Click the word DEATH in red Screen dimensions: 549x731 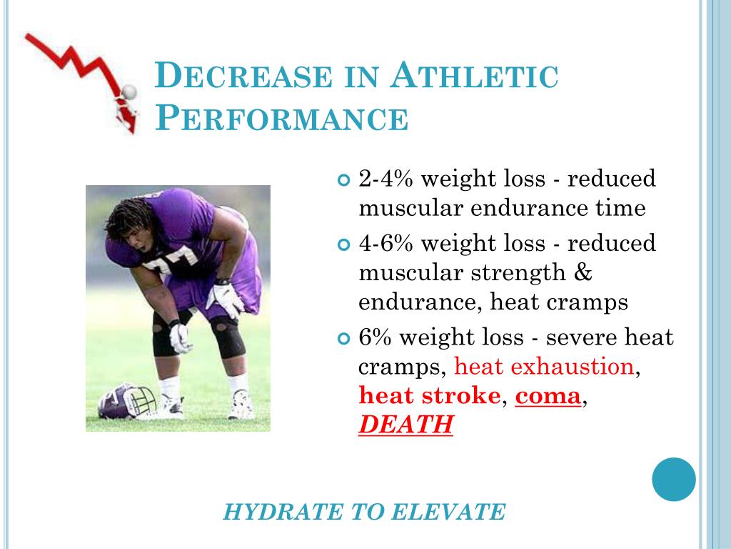tap(405, 425)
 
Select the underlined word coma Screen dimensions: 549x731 tap(548, 395)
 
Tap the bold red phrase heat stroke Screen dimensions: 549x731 tap(429, 395)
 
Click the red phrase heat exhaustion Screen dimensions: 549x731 tap(544, 367)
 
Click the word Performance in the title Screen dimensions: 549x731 tap(283, 118)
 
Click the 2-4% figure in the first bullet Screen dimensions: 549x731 tap(385, 179)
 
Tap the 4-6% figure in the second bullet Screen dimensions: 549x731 tap(385, 243)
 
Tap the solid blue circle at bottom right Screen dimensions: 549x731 tap(673, 479)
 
